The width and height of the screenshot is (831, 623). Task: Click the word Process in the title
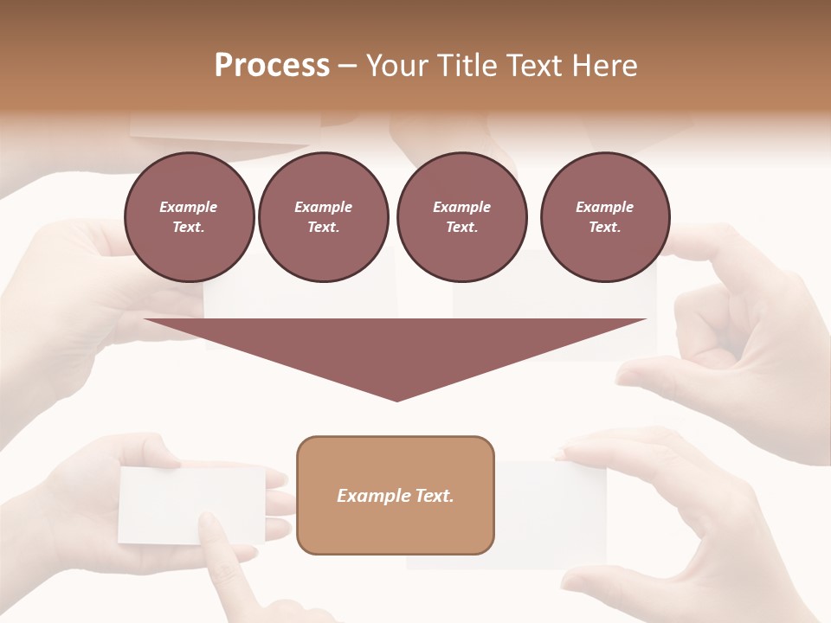272,65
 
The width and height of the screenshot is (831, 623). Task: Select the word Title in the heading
466,65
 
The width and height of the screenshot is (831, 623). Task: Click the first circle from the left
189,217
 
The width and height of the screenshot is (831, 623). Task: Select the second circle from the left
323,217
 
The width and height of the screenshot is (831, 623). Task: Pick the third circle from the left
461,217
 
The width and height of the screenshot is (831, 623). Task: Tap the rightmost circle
604,217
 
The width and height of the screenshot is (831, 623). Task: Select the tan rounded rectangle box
396,495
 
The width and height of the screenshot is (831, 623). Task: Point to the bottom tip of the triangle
396,400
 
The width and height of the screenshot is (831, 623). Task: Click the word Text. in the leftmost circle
189,227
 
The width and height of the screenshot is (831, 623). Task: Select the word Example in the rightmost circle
604,207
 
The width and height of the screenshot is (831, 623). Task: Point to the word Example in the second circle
323,207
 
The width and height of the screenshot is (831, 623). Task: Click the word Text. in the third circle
461,227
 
